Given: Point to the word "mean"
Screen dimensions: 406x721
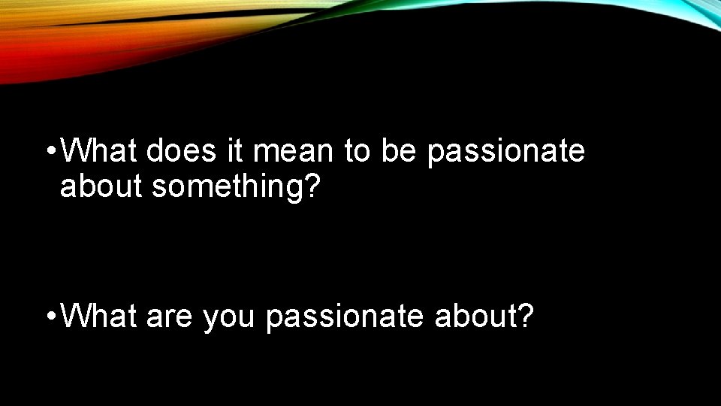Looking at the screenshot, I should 294,151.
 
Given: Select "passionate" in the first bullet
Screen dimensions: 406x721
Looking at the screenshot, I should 505,152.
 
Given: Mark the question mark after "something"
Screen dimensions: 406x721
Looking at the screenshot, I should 313,187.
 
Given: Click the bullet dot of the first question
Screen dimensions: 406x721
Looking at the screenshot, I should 50,153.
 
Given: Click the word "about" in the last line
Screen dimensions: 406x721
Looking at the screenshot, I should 476,317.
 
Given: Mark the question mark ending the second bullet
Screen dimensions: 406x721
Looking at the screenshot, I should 526,317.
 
